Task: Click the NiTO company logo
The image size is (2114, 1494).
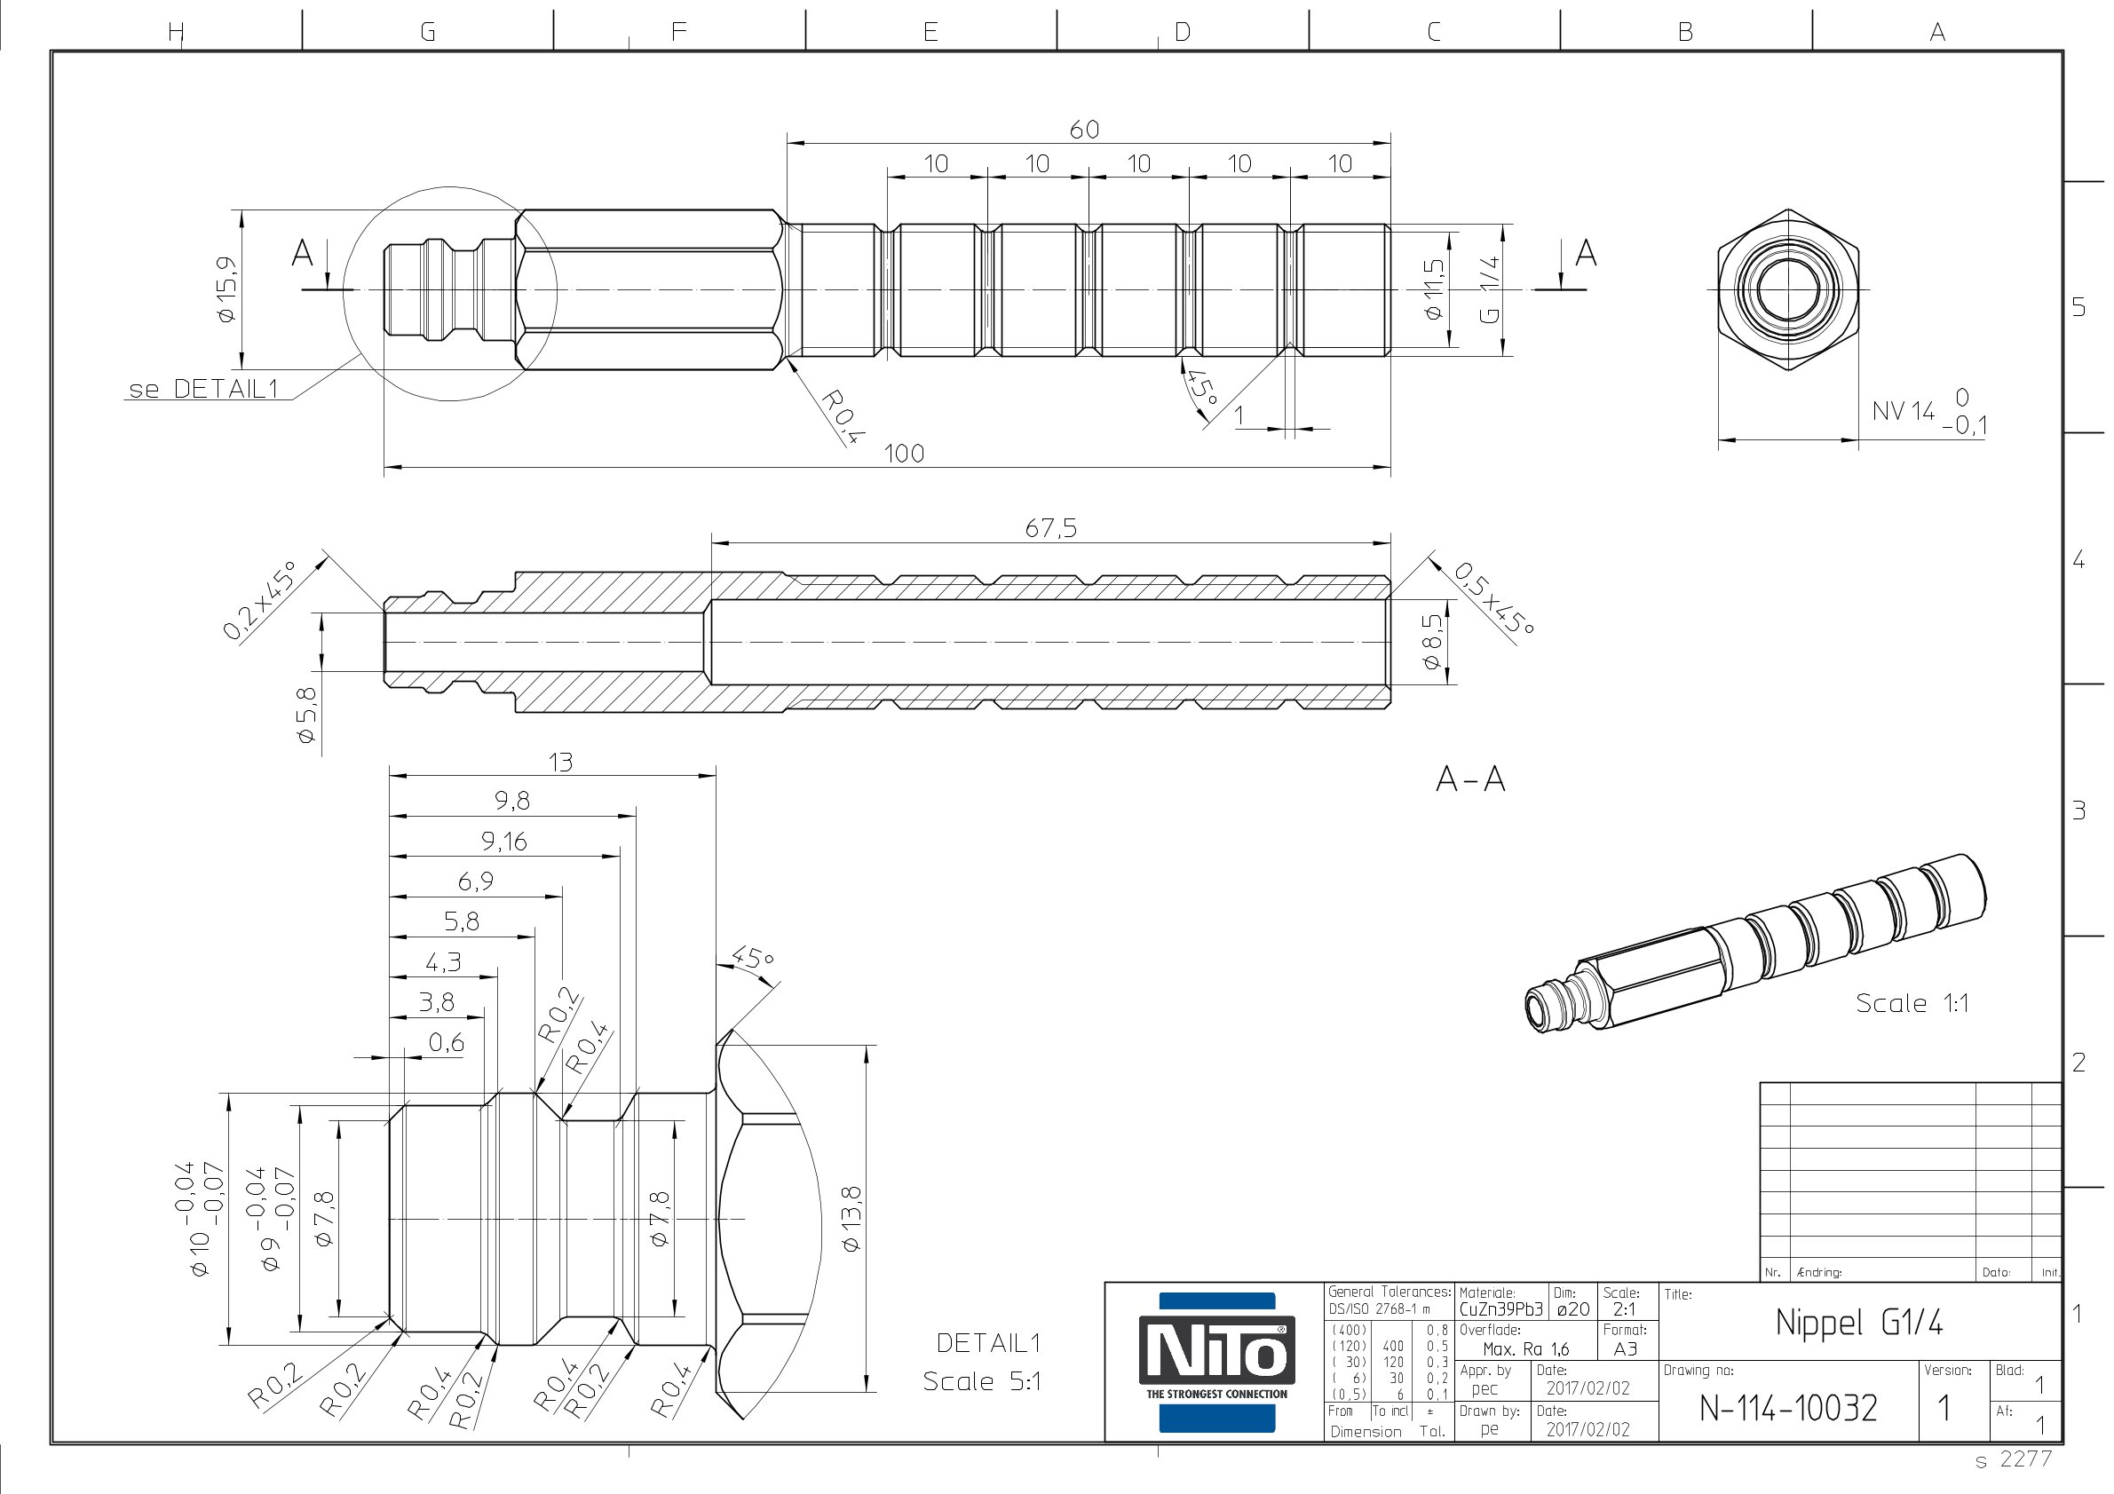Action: point(1216,1363)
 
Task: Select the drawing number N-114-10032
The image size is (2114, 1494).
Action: point(1788,1409)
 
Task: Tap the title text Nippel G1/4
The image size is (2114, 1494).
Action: point(1859,1323)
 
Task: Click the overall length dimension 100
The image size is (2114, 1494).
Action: point(904,453)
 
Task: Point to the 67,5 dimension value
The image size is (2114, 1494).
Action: point(1050,528)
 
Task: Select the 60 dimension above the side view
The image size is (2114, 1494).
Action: point(1085,130)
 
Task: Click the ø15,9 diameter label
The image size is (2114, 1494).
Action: point(226,289)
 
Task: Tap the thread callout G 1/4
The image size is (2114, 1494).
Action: point(1490,289)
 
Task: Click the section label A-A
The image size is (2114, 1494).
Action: point(1470,779)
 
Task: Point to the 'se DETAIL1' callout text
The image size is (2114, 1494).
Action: point(203,389)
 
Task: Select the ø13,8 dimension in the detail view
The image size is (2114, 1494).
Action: point(851,1219)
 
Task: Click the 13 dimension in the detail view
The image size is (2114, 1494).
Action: point(561,763)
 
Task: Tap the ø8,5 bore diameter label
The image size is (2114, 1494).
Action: point(1433,642)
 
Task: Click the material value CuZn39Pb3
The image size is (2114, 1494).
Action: point(1500,1309)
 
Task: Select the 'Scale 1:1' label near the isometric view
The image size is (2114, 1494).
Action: point(1912,1003)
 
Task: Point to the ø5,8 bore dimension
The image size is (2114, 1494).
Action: point(305,715)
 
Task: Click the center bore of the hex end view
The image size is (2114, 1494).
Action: point(1788,290)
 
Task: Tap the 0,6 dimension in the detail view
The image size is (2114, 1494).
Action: point(447,1043)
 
